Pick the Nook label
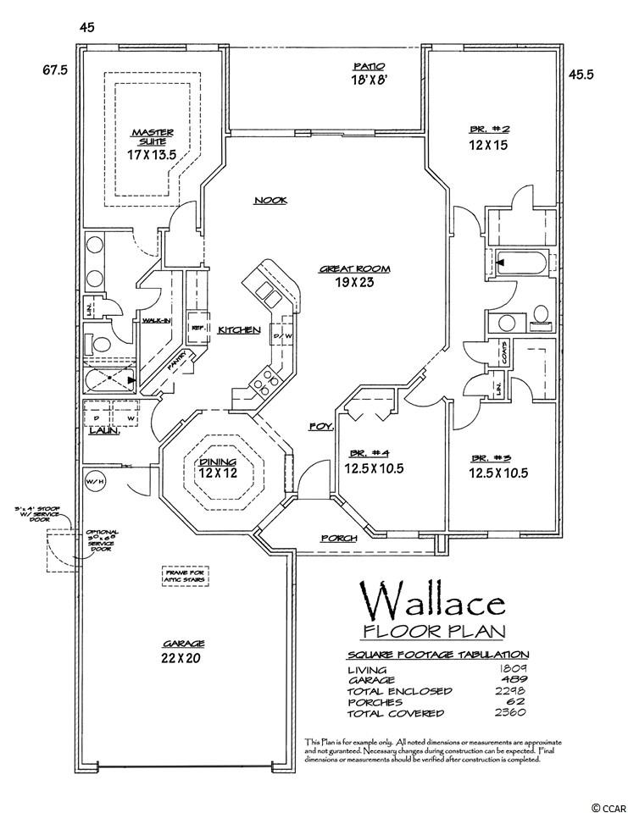270,201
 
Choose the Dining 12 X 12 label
218,467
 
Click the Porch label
338,538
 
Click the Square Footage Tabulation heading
438,655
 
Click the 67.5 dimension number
54,70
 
